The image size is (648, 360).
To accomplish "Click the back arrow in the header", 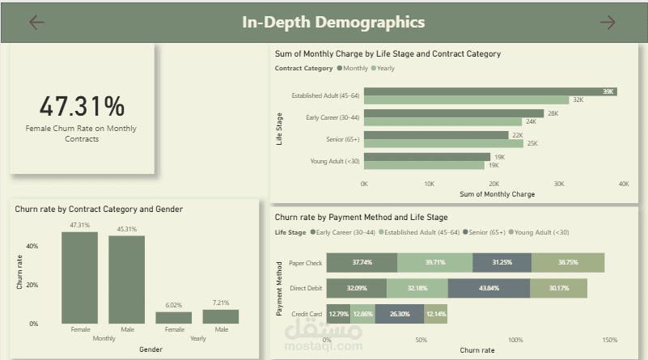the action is click(36, 23).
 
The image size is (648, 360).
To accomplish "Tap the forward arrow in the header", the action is click(608, 23).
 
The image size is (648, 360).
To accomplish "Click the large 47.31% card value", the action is click(82, 106).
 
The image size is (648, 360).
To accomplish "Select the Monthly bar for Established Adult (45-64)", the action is click(490, 91).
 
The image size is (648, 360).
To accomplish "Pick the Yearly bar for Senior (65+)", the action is click(443, 143).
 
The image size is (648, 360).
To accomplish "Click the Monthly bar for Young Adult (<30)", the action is click(427, 157).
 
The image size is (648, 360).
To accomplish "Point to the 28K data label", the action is click(553, 113).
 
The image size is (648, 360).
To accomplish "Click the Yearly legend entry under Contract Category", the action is click(383, 68).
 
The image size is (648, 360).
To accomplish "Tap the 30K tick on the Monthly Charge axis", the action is click(559, 184).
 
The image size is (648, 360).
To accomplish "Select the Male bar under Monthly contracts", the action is click(126, 279).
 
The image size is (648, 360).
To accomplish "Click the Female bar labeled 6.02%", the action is click(174, 317).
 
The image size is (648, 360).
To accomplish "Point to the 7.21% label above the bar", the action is click(221, 303).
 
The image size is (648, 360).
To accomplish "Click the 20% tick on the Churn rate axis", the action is click(32, 285).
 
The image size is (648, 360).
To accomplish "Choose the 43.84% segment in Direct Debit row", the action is click(489, 288).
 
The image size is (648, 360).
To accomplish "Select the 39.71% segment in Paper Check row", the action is click(434, 262).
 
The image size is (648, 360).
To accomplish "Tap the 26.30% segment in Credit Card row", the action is click(400, 314).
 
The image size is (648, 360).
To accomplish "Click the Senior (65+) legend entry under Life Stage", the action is click(484, 232).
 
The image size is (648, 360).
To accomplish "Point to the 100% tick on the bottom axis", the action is click(515, 340).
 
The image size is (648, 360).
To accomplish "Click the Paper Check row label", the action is click(306, 263).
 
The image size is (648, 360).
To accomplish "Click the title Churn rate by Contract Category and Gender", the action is click(99, 210).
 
